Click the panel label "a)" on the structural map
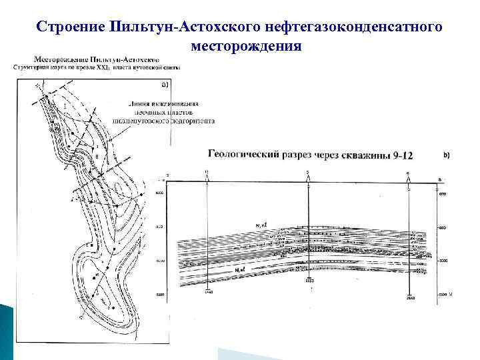(x=165, y=85)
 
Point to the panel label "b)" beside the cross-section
(x=446, y=155)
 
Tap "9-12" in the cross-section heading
(x=402, y=155)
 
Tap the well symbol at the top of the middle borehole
(x=307, y=175)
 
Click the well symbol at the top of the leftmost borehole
(x=207, y=175)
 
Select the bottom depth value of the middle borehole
(x=308, y=282)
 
